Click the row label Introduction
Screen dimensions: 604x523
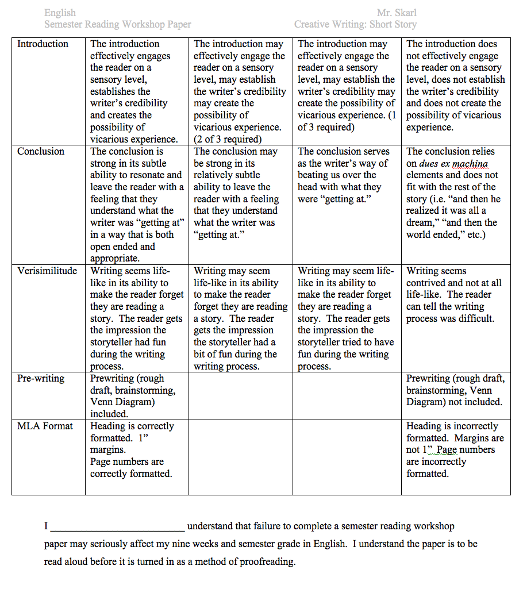[x=43, y=44]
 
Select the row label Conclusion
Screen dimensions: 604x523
[x=41, y=152]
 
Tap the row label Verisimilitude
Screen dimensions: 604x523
[x=47, y=271]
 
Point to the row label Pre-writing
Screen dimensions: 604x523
[x=41, y=379]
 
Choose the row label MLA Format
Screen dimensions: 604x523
[x=45, y=426]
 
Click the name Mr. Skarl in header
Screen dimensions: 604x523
[x=397, y=13]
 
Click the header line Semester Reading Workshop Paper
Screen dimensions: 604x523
[x=118, y=24]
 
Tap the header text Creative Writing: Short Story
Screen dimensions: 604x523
[x=355, y=24]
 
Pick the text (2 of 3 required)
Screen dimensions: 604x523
[x=228, y=139]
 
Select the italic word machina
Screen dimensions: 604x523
[x=470, y=164]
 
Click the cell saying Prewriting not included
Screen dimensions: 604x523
[x=455, y=390]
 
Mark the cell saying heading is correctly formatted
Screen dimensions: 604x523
[x=136, y=450]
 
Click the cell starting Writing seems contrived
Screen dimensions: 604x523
[x=455, y=295]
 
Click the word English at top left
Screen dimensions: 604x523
[x=60, y=13]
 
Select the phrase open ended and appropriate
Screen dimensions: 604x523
[x=122, y=252]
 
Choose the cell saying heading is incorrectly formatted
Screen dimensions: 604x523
[x=455, y=450]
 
